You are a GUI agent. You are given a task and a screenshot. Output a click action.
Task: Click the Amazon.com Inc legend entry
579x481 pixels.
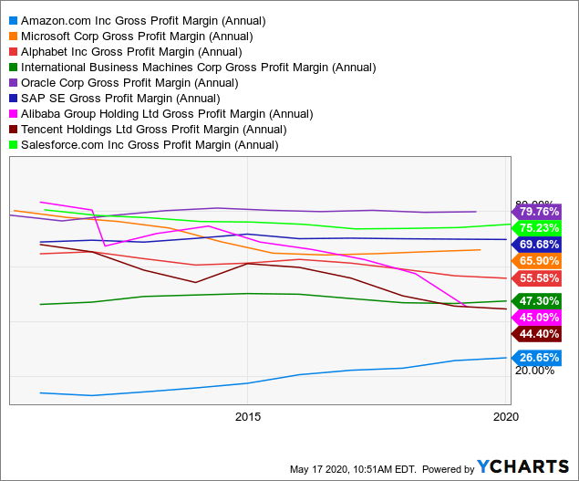[x=143, y=20]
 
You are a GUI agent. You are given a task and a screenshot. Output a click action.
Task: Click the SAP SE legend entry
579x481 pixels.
[x=119, y=98]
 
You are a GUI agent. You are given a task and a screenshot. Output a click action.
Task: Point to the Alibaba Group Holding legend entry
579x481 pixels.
[x=166, y=113]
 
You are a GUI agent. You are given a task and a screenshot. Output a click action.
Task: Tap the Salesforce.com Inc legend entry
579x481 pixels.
[x=149, y=144]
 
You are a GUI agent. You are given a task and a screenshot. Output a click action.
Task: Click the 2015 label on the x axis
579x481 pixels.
[x=247, y=416]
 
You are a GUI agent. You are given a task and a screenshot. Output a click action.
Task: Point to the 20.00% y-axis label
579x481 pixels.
[x=534, y=370]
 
